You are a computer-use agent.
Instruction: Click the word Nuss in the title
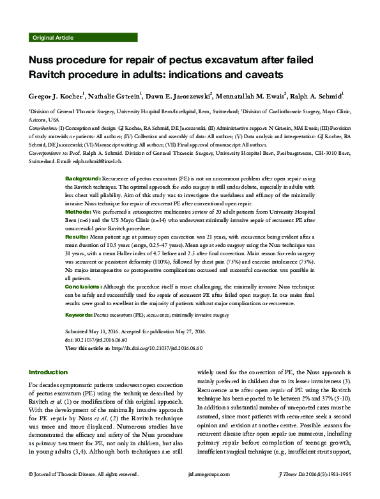[45, 61]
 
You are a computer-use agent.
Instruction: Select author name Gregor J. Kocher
[57, 97]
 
